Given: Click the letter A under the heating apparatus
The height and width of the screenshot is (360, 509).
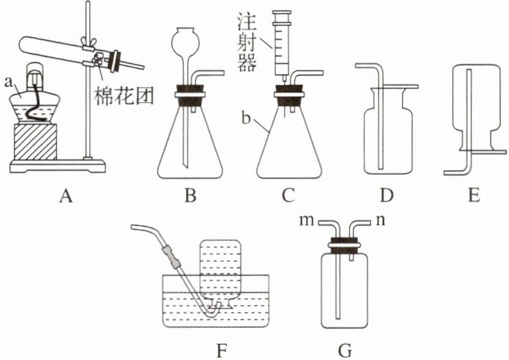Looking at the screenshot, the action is tap(66, 197).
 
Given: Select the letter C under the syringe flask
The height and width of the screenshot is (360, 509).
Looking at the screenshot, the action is tap(288, 197).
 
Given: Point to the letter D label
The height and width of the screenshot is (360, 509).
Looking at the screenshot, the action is tap(386, 197).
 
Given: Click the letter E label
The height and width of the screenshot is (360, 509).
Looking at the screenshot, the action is tap(473, 197).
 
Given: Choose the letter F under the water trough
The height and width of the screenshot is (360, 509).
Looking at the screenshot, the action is tap(221, 350).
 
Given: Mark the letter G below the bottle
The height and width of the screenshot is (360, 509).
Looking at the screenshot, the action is tap(344, 350).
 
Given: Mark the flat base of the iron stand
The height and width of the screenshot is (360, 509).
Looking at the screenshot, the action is tap(58, 165).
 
